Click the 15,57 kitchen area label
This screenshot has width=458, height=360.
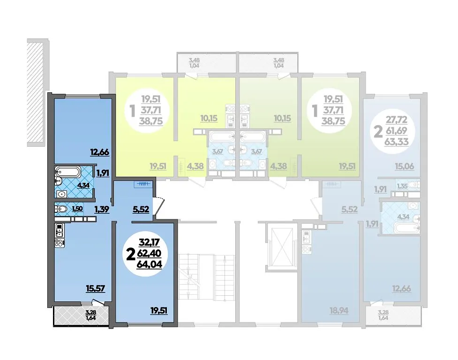coord(96,289)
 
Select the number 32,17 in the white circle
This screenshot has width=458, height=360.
coord(150,242)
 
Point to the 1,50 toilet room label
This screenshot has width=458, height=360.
coord(77,209)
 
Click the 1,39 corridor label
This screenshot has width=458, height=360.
coord(102,209)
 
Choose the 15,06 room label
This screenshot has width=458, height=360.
coord(405,166)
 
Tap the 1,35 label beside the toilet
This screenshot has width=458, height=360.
coord(402,186)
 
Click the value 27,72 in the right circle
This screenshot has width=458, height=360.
coord(397,120)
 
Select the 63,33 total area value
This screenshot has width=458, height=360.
coord(397,142)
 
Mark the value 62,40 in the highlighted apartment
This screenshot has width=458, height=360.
coord(149,253)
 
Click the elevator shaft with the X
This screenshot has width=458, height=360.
coord(282,247)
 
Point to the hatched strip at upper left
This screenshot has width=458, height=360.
coord(35,93)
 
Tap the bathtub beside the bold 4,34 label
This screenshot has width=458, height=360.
coord(68,172)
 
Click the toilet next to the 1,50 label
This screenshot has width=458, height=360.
coord(61,209)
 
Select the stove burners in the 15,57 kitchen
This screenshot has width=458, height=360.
coord(60,243)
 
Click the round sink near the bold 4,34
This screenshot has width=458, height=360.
coord(61,194)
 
